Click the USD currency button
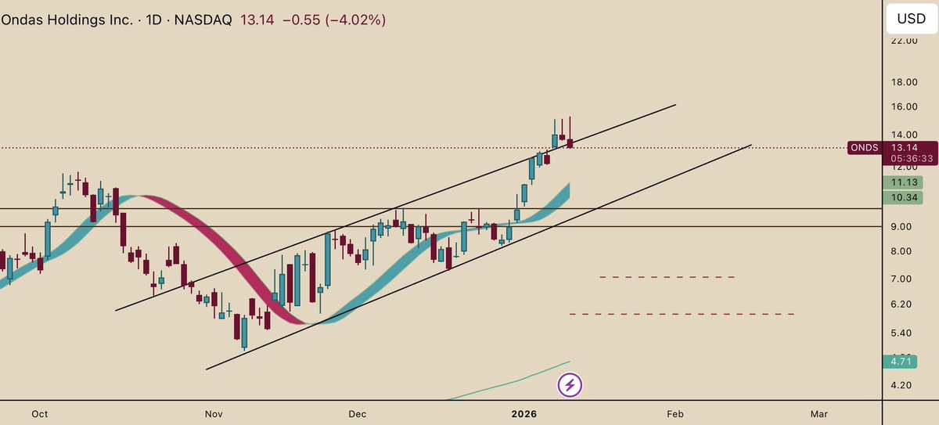pos(911,18)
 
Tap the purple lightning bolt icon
pos(570,385)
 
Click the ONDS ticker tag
pos(865,147)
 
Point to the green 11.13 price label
pos(905,182)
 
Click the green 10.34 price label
pos(905,198)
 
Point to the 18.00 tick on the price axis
pos(905,82)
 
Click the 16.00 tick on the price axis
pos(905,106)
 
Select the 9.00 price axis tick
pos(901,227)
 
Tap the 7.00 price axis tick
pos(901,279)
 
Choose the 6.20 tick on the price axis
pos(901,304)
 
